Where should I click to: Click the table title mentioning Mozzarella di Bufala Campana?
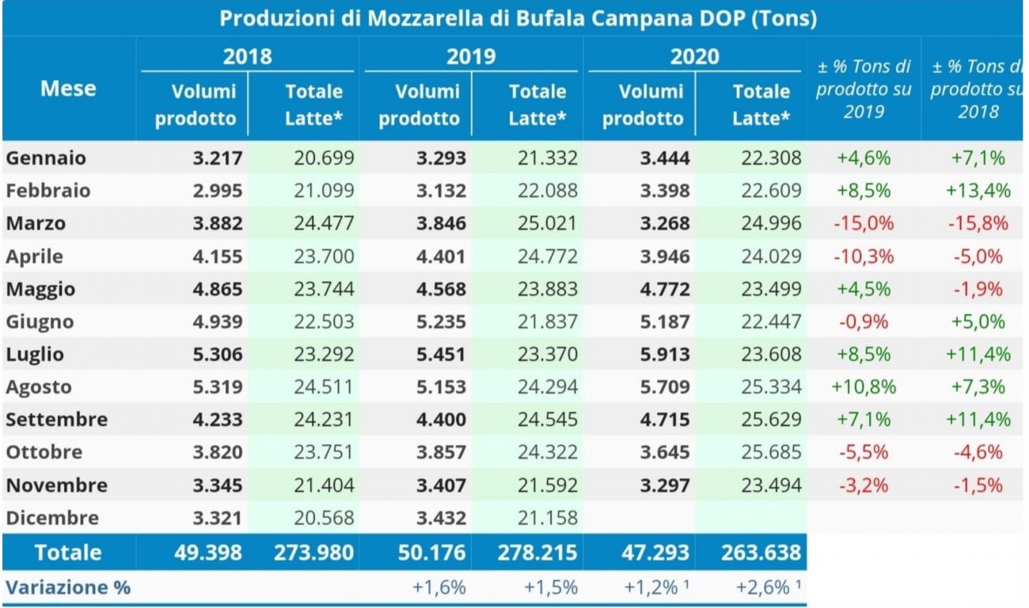pos(518,18)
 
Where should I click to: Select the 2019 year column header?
pos(471,56)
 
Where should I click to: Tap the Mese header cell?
pos(68,88)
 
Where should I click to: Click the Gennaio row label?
pos(46,158)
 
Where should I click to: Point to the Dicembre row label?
pos(52,519)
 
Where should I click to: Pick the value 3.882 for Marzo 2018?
pos(216,224)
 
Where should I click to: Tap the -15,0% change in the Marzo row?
pos(864,224)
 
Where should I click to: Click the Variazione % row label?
pos(68,587)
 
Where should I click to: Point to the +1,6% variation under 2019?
pos(439,587)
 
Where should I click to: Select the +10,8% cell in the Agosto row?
pos(863,388)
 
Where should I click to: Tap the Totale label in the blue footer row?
pos(68,552)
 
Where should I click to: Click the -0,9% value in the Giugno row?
pos(864,322)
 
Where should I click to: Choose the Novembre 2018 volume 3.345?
pos(216,485)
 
